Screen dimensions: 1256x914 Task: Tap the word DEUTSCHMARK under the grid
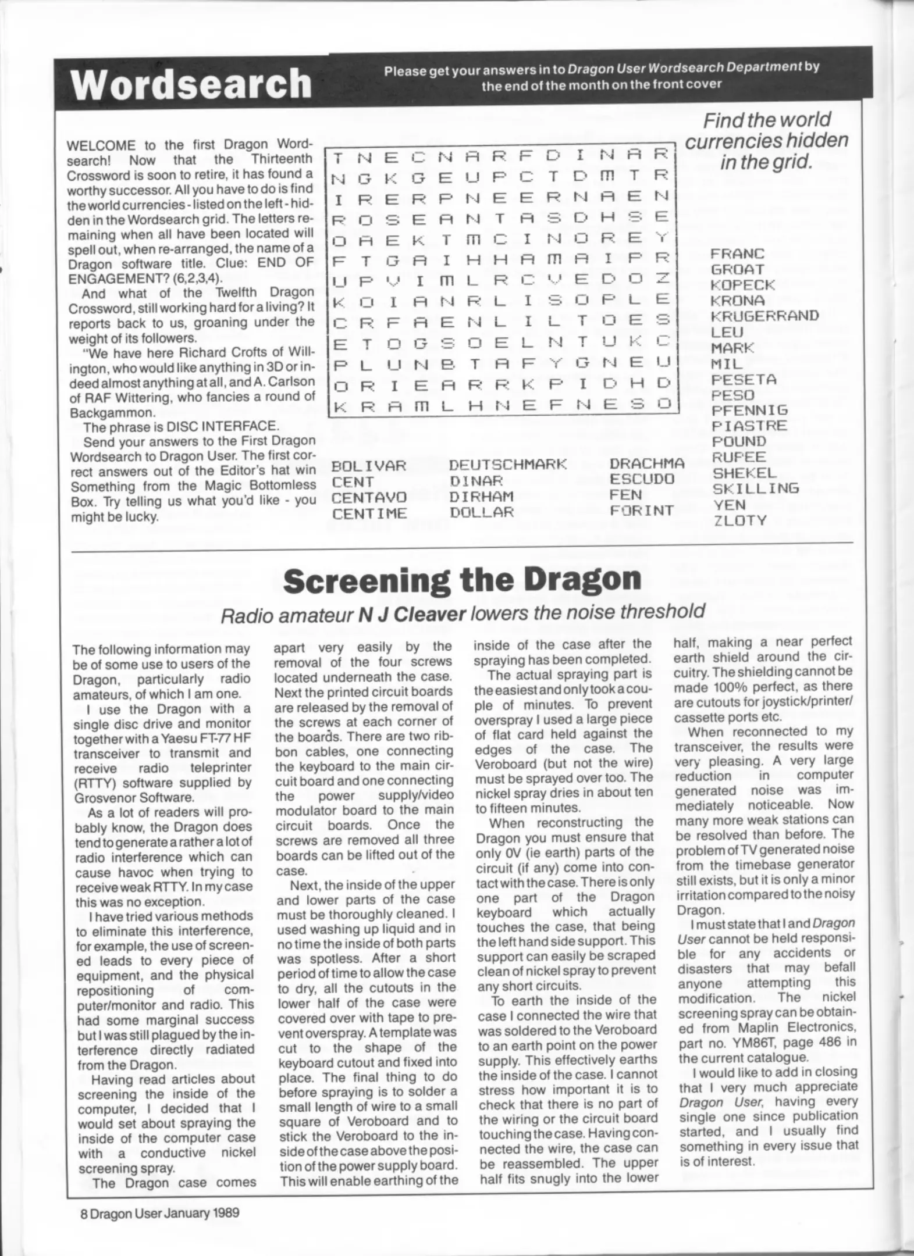[507, 465]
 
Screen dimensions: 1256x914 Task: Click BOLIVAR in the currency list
[368, 466]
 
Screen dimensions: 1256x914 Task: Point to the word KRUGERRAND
[764, 316]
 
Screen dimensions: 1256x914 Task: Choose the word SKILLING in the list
[756, 488]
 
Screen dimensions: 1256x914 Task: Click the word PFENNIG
[749, 411]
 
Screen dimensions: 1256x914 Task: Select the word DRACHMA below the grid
[647, 464]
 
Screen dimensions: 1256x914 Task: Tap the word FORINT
[642, 511]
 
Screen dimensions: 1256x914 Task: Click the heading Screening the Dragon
[462, 579]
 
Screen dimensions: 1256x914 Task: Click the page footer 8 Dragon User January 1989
[160, 1212]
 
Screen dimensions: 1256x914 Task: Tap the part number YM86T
[753, 1043]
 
